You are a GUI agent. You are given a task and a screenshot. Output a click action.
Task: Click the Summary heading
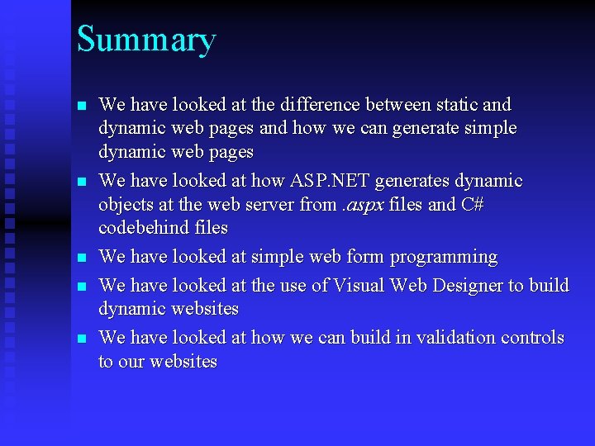(146, 40)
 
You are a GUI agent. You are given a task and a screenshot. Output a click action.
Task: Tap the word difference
(321, 105)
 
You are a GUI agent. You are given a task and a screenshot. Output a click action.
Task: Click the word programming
(444, 257)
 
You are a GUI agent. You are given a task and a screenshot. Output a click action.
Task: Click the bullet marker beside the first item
(81, 107)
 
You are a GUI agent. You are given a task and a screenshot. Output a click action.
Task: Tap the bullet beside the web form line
(81, 259)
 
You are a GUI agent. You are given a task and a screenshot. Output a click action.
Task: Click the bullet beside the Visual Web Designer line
(81, 287)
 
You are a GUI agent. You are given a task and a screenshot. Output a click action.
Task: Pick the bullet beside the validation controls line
(81, 339)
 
